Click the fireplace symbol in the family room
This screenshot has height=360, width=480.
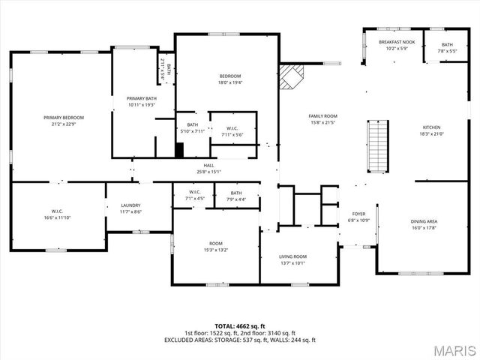click(290, 76)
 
